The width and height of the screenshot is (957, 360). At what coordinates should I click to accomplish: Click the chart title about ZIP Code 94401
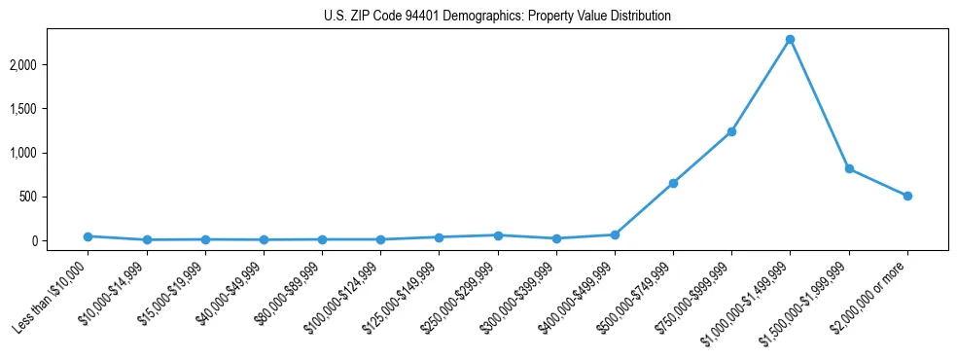[497, 17]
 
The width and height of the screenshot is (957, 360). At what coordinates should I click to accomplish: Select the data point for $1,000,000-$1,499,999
[790, 39]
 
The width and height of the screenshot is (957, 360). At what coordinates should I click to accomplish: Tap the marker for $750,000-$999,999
[731, 131]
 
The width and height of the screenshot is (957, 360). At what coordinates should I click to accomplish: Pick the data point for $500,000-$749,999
[673, 183]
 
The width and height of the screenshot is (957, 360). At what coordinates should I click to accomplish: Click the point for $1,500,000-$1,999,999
[849, 168]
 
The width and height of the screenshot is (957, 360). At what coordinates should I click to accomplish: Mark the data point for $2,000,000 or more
[907, 196]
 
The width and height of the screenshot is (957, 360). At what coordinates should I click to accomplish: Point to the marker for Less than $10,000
[88, 236]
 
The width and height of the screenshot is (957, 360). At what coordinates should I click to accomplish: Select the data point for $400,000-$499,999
[615, 234]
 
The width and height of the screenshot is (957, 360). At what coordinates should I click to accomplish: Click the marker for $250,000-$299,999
[498, 235]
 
